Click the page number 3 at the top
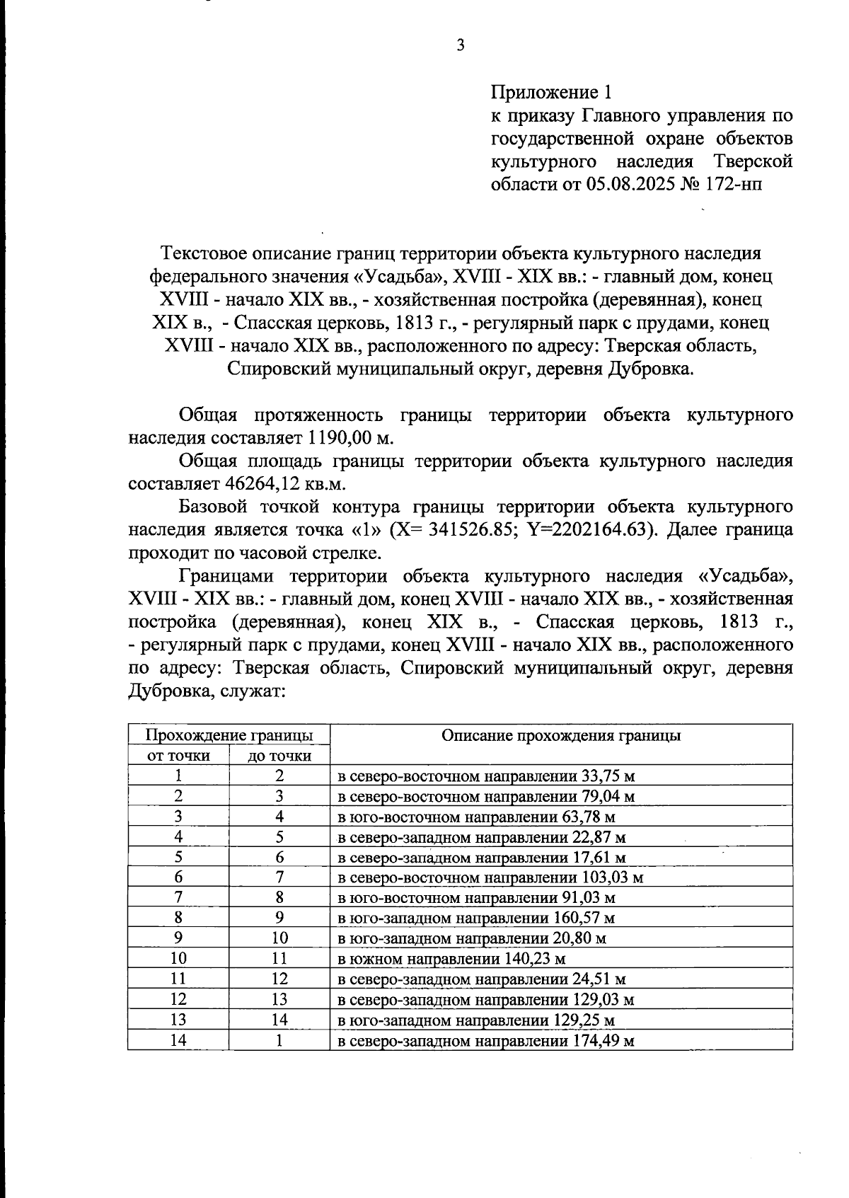pyautogui.click(x=461, y=46)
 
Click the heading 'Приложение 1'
pyautogui.click(x=550, y=93)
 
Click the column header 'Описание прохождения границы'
pyautogui.click(x=560, y=735)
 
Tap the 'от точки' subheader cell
pyautogui.click(x=178, y=756)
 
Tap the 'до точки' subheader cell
pyautogui.click(x=279, y=756)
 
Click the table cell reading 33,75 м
pyautogui.click(x=486, y=776)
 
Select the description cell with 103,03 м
pyautogui.click(x=490, y=878)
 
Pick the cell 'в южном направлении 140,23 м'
pyautogui.click(x=451, y=960)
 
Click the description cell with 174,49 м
pyautogui.click(x=485, y=1041)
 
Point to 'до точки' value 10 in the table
pyautogui.click(x=279, y=939)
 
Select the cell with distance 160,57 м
pyautogui.click(x=475, y=918)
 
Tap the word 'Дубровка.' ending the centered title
pyautogui.click(x=649, y=369)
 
